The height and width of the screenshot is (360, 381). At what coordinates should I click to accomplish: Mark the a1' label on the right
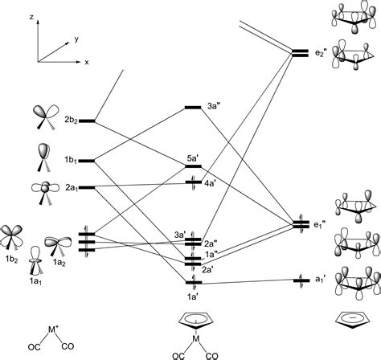(x=320, y=280)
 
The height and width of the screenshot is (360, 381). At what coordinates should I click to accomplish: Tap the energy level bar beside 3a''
(x=193, y=107)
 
